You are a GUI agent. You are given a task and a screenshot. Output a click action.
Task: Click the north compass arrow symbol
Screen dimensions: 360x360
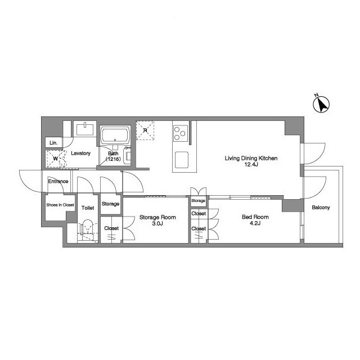[x=321, y=105]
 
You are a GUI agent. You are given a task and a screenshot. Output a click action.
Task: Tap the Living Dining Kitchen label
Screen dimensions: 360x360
[x=251, y=158]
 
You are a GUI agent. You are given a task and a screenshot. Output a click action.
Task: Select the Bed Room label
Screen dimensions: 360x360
[x=255, y=217]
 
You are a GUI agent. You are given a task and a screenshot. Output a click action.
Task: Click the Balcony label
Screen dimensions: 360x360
[x=321, y=208]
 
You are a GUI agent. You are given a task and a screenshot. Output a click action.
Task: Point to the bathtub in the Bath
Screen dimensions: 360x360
[x=115, y=136]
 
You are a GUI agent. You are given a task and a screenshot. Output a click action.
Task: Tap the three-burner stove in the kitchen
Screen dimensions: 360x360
[x=180, y=133]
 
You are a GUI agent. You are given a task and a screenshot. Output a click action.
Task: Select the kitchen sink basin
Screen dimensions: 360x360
[x=182, y=160]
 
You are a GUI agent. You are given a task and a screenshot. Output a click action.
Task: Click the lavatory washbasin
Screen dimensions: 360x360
[x=85, y=129]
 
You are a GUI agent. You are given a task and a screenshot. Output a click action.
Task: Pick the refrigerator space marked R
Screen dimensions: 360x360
[x=145, y=130]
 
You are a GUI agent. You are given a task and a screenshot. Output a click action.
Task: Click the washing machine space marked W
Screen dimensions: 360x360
[x=55, y=159]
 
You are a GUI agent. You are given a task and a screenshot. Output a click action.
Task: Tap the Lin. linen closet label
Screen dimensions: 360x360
[x=53, y=143]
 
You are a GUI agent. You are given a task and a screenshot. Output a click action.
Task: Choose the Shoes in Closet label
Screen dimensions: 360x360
[x=60, y=205]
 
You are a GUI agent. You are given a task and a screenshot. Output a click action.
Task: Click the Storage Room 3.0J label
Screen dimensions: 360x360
[x=157, y=220]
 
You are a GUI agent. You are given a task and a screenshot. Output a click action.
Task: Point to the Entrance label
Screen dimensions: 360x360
[x=58, y=181]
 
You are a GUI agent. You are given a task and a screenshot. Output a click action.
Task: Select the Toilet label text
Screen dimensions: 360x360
[x=88, y=208]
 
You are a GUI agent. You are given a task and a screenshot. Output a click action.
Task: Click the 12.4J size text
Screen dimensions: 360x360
[x=251, y=164]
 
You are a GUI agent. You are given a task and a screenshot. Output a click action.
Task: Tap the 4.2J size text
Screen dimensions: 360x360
[x=255, y=223]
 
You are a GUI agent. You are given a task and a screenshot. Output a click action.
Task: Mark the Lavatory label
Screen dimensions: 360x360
[x=80, y=154]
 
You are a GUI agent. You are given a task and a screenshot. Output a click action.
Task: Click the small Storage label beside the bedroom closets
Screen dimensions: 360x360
[x=198, y=201]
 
